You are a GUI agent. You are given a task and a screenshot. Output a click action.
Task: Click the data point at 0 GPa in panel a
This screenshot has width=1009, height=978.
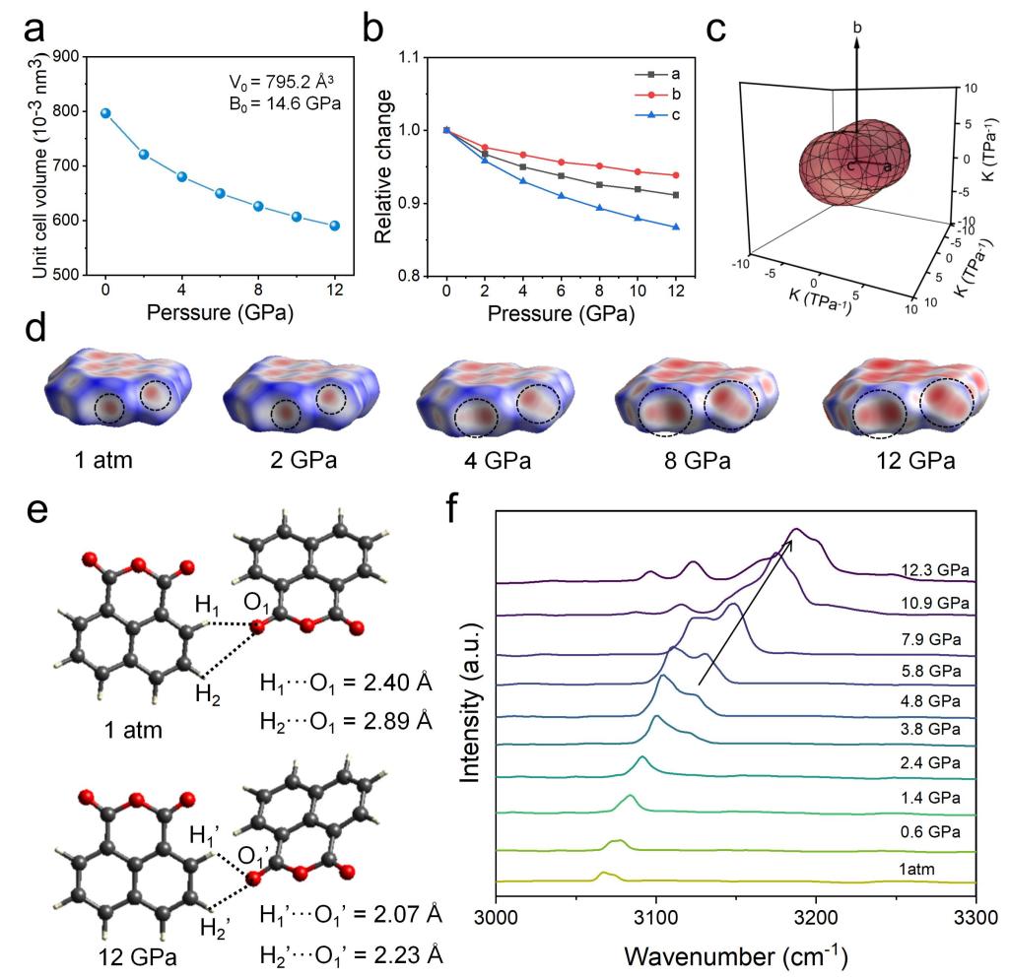pyautogui.click(x=105, y=114)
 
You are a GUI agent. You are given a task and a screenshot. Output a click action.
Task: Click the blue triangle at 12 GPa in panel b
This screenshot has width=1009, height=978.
pyautogui.click(x=674, y=227)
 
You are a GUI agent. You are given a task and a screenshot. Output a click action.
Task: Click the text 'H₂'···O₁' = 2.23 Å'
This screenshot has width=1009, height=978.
pyautogui.click(x=352, y=944)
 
